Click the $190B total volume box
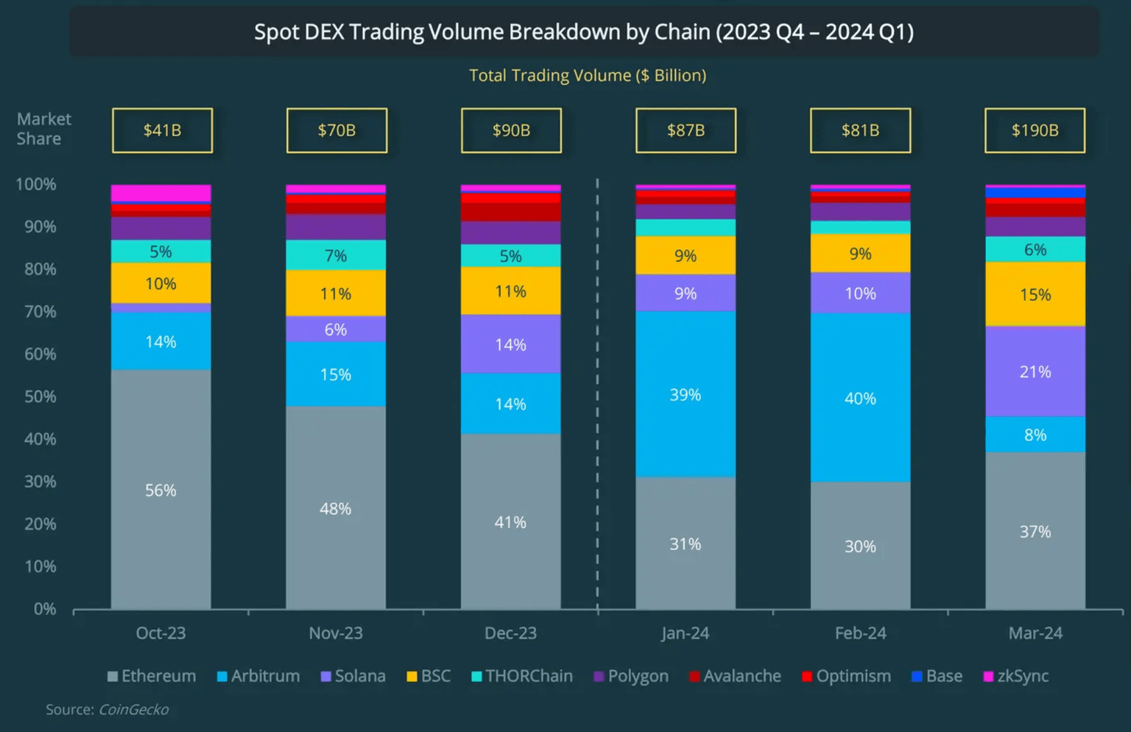pyautogui.click(x=1035, y=130)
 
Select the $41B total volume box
pyautogui.click(x=162, y=130)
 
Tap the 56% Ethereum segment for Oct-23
pyautogui.click(x=161, y=490)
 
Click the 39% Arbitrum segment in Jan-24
pyautogui.click(x=685, y=395)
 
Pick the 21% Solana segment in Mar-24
pyautogui.click(x=1035, y=372)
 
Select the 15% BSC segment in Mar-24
pyautogui.click(x=1035, y=295)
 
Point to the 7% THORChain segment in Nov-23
pyautogui.click(x=336, y=256)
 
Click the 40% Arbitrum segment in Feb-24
pyautogui.click(x=860, y=398)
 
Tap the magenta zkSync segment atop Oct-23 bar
pyautogui.click(x=161, y=193)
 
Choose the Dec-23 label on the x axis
pyautogui.click(x=510, y=633)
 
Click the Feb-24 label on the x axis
pyautogui.click(x=860, y=633)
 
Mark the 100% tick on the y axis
pyautogui.click(x=35, y=185)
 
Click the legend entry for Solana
pyautogui.click(x=353, y=676)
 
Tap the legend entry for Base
pyautogui.click(x=937, y=676)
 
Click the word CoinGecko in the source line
pyautogui.click(x=133, y=710)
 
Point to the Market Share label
pyautogui.click(x=43, y=129)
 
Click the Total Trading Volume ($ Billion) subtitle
pyautogui.click(x=588, y=76)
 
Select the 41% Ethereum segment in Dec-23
pyautogui.click(x=510, y=522)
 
